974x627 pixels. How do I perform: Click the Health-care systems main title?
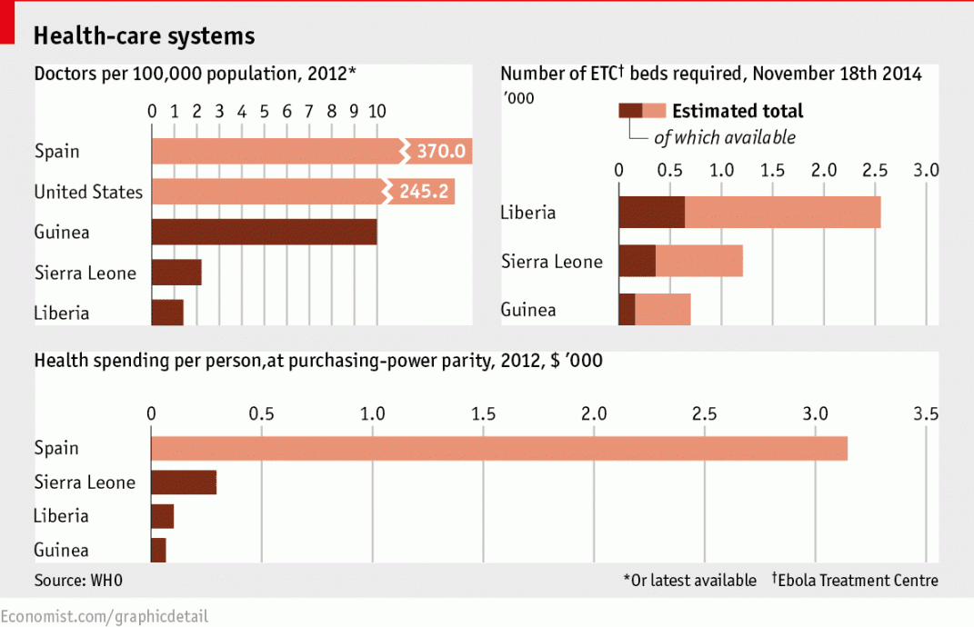click(144, 35)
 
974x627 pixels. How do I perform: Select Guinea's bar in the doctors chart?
click(264, 232)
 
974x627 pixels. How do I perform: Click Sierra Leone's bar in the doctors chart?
click(176, 273)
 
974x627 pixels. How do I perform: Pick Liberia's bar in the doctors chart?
click(167, 313)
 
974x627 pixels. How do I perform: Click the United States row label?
click(88, 192)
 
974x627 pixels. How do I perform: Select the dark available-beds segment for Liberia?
click(651, 213)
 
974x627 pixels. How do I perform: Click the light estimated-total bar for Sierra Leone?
click(698, 262)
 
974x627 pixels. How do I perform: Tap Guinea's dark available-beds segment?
click(627, 310)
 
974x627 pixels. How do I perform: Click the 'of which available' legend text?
click(725, 137)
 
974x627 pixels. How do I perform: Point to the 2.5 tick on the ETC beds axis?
click(875, 169)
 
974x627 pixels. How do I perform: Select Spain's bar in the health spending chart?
click(498, 448)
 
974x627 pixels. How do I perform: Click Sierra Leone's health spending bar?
click(184, 482)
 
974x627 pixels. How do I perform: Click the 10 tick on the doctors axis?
click(377, 111)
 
